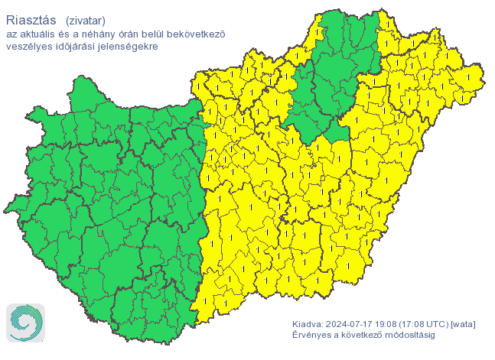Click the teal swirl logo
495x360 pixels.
pyautogui.click(x=26, y=322)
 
